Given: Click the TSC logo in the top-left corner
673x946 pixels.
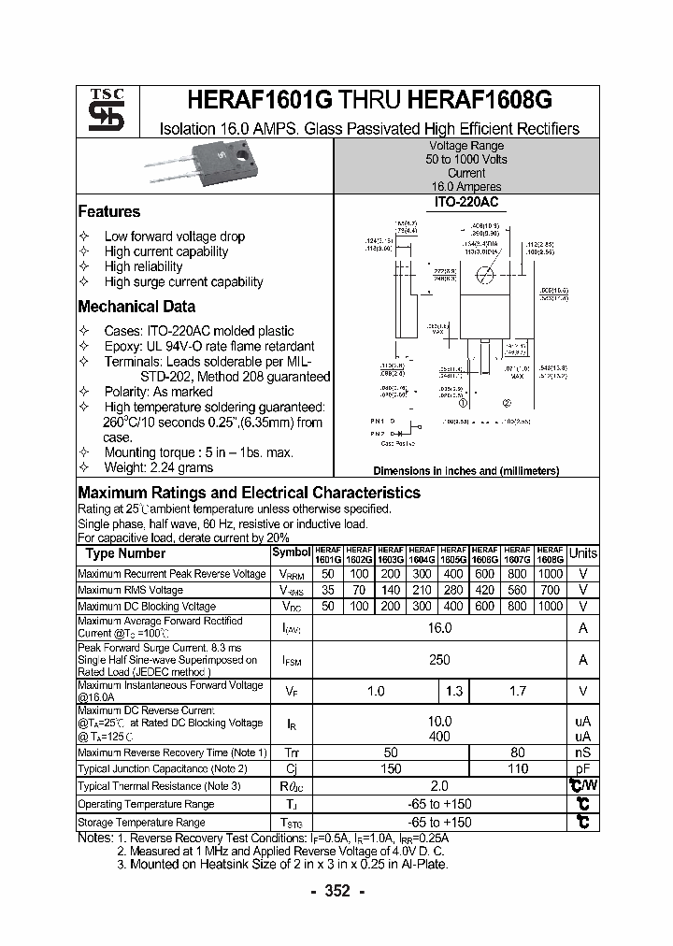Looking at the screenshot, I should [100, 111].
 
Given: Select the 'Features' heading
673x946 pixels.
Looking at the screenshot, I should [109, 212].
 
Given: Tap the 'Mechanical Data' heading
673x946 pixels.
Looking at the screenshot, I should [136, 307].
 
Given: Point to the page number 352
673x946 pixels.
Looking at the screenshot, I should [336, 891].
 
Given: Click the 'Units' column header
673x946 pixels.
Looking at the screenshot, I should [583, 553].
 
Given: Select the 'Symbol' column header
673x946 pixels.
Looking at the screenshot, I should [290, 552].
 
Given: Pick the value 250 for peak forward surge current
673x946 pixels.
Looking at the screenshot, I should [439, 660].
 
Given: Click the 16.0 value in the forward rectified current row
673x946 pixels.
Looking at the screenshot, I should [439, 628].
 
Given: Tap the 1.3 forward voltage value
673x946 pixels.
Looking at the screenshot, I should [454, 691].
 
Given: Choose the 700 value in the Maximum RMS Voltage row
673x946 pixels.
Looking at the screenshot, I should [551, 590].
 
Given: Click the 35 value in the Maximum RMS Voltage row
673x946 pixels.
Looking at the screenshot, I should [327, 590].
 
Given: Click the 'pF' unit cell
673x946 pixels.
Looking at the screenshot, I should [583, 768].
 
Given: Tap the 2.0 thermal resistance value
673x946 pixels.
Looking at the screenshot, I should [439, 786].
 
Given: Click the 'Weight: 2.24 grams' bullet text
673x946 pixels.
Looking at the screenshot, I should [158, 467].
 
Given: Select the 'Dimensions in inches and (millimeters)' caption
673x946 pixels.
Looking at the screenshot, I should [465, 471].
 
